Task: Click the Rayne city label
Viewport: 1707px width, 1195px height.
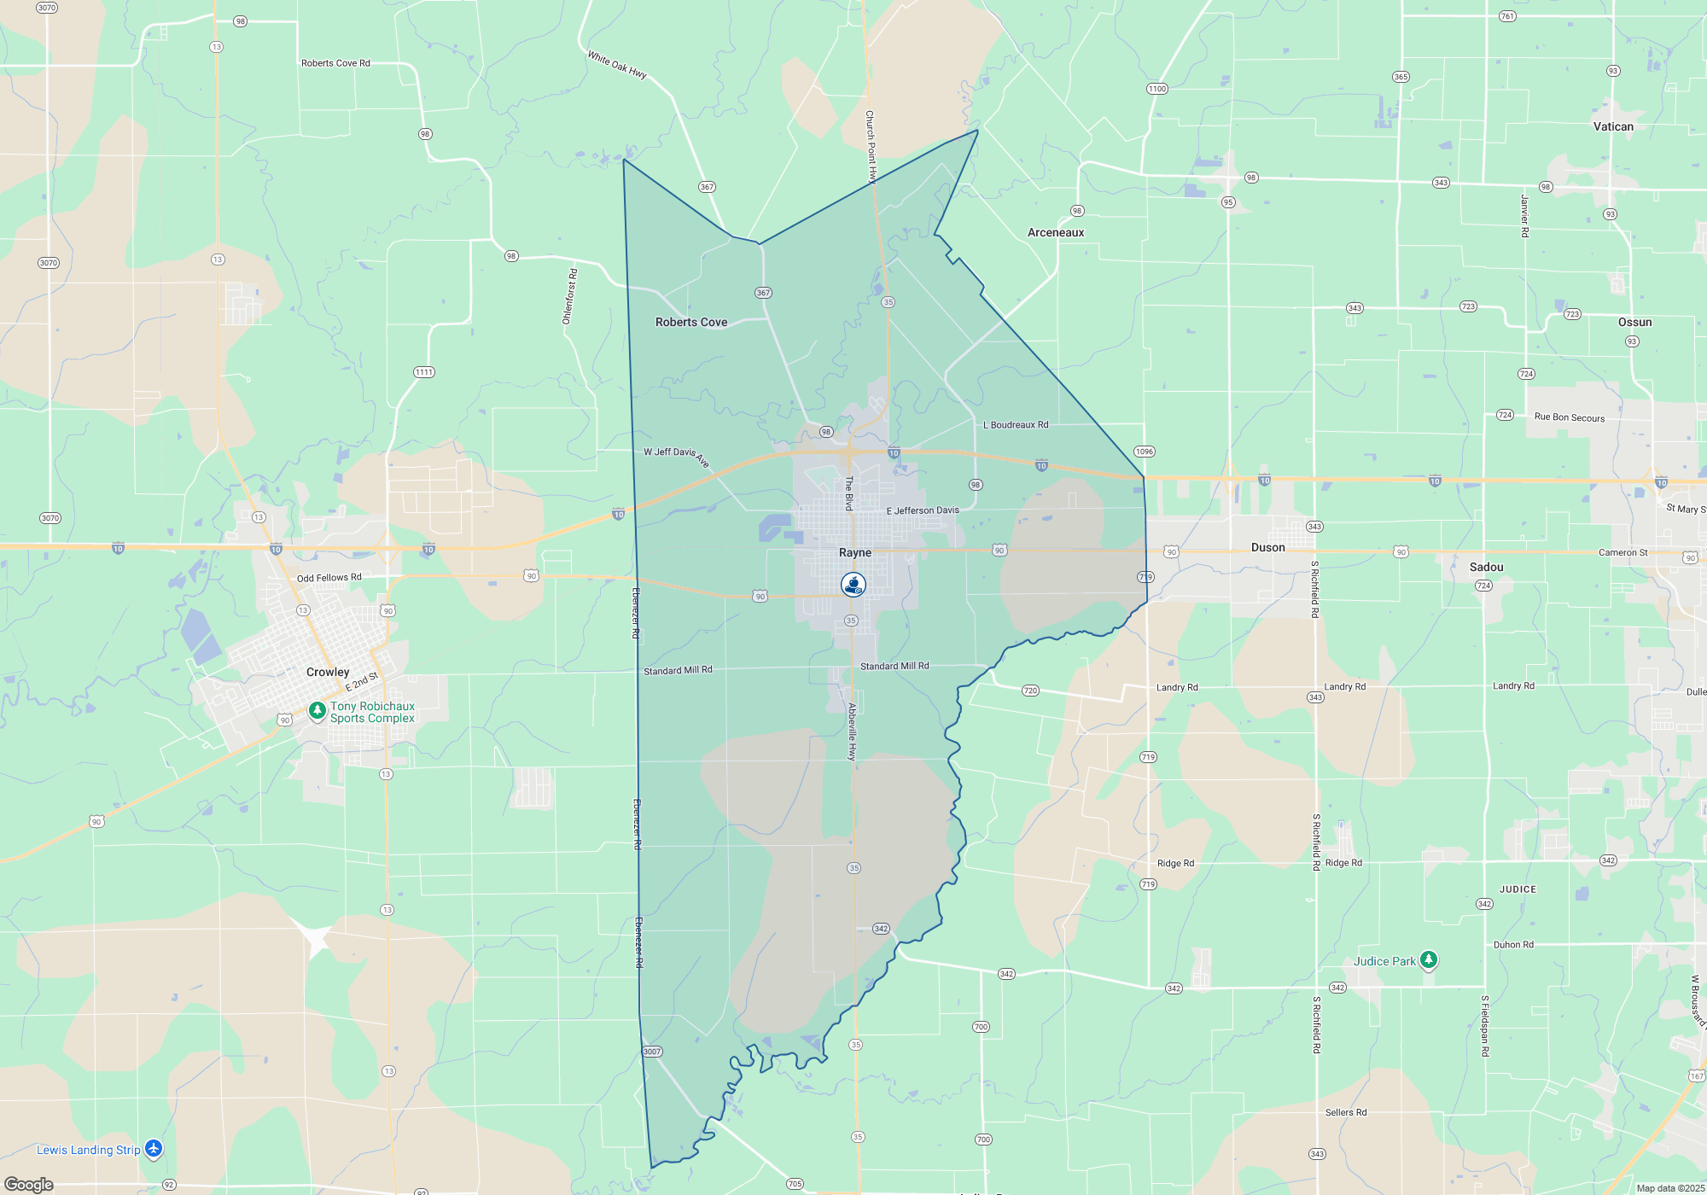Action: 855,553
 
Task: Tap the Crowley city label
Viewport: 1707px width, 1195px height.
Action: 328,673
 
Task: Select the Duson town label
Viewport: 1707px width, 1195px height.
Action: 1267,548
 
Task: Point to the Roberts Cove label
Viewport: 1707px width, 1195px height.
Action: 691,323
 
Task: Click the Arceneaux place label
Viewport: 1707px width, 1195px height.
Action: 1056,233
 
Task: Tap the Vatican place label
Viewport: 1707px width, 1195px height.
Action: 1613,127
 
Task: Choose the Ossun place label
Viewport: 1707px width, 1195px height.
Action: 1634,323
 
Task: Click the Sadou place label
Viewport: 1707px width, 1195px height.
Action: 1486,568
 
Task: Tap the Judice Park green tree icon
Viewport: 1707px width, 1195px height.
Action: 1428,960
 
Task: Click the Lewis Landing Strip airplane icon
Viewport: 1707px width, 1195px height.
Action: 154,1149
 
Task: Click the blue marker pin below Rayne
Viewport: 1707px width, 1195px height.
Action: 853,585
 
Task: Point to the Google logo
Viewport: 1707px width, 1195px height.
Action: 29,1185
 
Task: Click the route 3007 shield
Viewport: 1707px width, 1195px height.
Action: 652,1052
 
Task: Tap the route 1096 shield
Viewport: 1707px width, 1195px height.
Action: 1144,452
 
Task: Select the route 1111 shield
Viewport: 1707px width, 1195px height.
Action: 423,372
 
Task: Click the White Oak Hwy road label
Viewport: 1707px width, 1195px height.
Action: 616,65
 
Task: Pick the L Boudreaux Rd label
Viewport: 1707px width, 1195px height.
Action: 1016,425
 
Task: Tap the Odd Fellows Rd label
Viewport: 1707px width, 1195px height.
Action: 329,578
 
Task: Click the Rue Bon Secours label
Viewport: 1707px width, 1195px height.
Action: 1569,417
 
